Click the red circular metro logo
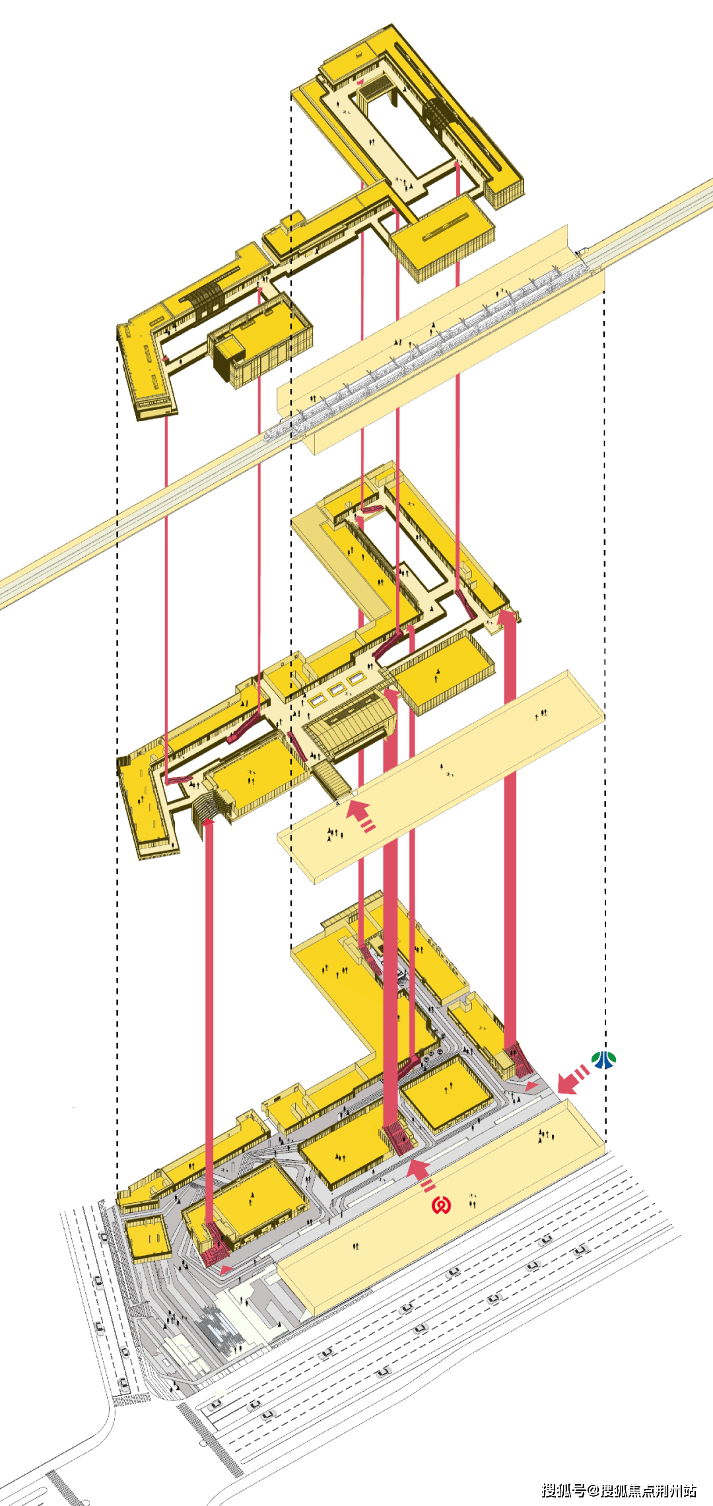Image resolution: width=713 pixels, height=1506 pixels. click(x=441, y=1205)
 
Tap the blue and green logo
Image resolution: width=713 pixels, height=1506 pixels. click(x=603, y=1060)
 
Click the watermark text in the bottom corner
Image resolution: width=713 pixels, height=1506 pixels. click(x=619, y=1490)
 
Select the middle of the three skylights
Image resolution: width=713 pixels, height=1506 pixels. click(x=336, y=689)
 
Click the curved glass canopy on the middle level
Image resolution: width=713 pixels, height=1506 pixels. click(x=349, y=723)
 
